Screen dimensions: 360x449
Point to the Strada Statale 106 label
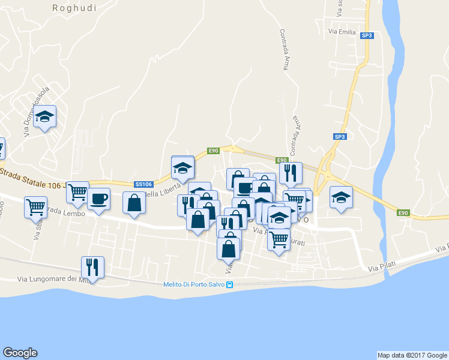[x=36, y=179]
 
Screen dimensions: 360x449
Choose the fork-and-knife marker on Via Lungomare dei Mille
[x=92, y=266]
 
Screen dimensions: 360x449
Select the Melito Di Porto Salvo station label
[x=194, y=285]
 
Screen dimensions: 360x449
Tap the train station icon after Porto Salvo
[x=229, y=285]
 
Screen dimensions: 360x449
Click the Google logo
[x=20, y=353]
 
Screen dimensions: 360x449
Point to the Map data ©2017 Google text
[x=412, y=355]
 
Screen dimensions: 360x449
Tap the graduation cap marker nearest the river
[x=341, y=197]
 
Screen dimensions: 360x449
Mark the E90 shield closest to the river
[x=403, y=212]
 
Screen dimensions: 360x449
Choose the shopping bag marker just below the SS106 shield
[x=134, y=202]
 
